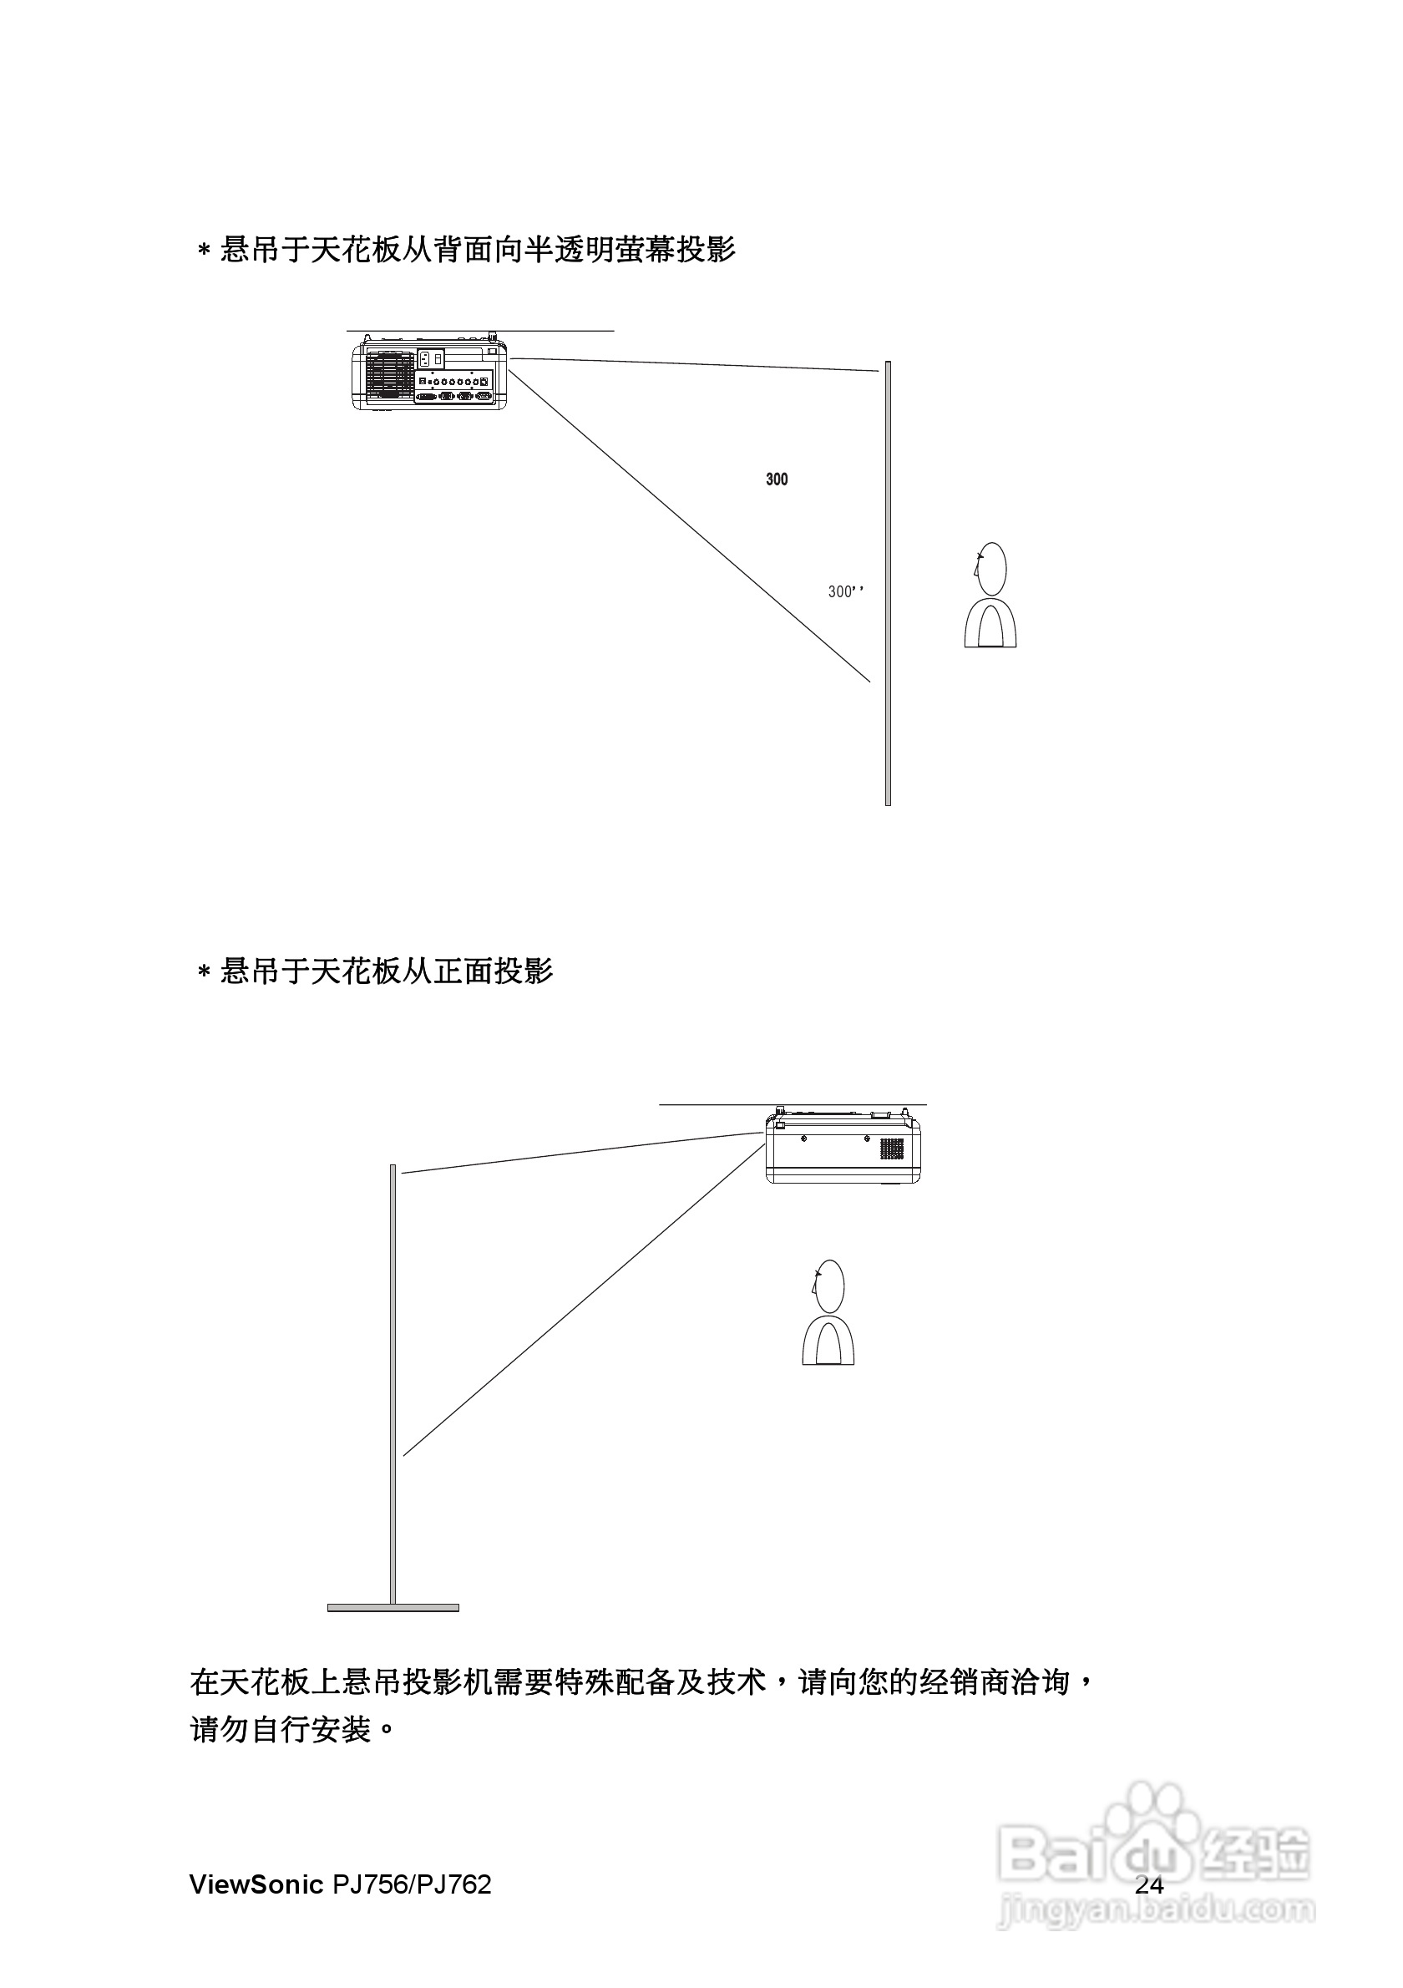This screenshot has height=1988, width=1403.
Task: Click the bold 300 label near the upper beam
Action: pyautogui.click(x=777, y=479)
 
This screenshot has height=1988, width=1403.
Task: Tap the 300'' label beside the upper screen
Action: pyautogui.click(x=846, y=591)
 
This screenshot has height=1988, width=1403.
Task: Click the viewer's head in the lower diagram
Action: pyautogui.click(x=829, y=1285)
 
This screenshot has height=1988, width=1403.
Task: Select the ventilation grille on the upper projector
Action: pyautogui.click(x=388, y=376)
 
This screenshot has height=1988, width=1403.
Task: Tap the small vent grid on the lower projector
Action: pyautogui.click(x=891, y=1149)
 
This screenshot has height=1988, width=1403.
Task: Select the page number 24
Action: pyautogui.click(x=1148, y=1884)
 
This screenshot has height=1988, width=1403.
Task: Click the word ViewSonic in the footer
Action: pyautogui.click(x=256, y=1884)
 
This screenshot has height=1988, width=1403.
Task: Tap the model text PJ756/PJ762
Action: pyautogui.click(x=412, y=1884)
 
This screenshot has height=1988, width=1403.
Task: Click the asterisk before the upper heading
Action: pyautogui.click(x=205, y=251)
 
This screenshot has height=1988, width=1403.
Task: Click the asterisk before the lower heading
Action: pyautogui.click(x=205, y=972)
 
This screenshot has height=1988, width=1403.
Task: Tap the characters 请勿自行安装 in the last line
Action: pyautogui.click(x=281, y=1730)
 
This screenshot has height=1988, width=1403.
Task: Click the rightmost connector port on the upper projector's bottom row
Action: pyautogui.click(x=484, y=396)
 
